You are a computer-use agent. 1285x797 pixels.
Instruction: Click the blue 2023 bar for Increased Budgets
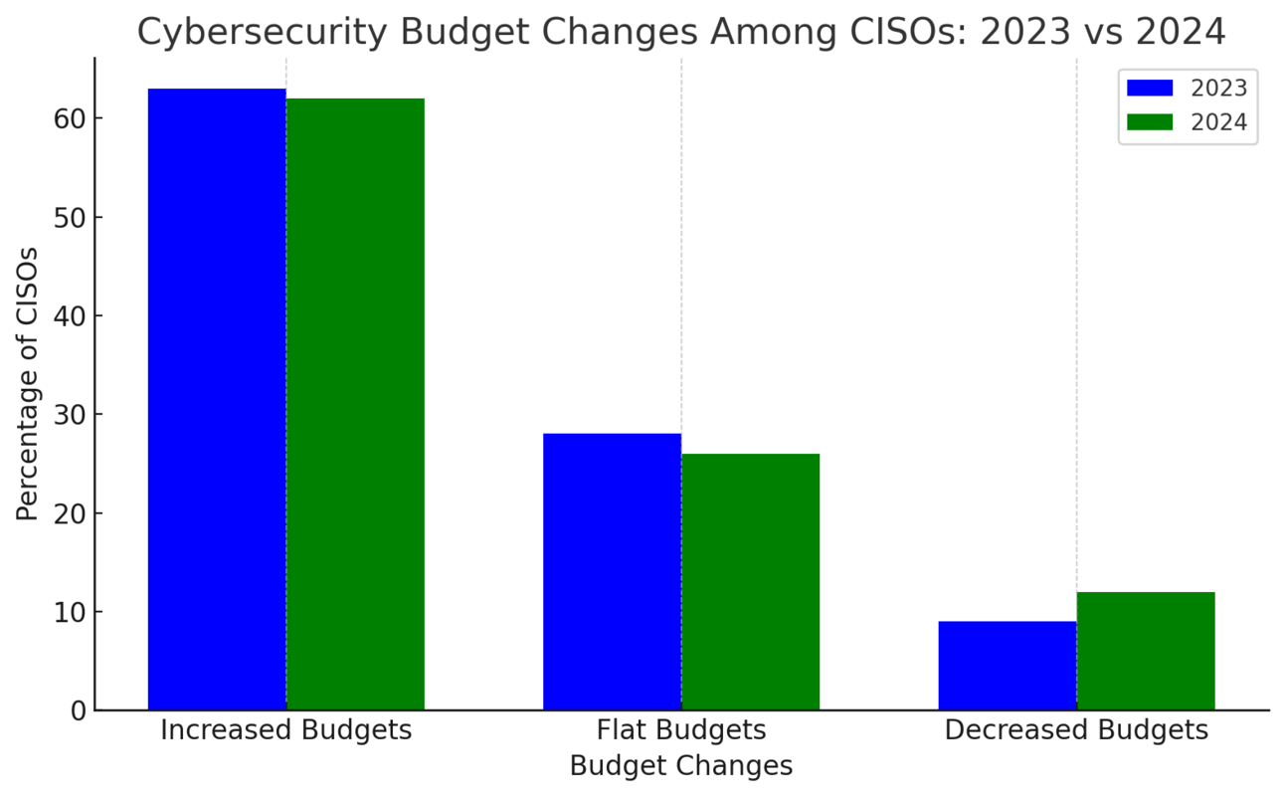point(217,398)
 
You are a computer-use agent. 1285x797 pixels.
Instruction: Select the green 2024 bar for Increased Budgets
point(355,403)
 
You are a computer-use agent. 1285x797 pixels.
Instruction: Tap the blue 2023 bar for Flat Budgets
point(612,571)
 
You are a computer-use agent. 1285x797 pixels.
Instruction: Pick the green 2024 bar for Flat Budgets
point(750,581)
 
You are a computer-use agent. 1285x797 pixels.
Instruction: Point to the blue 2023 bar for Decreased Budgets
point(1007,665)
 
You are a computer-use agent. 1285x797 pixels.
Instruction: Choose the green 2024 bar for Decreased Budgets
point(1145,651)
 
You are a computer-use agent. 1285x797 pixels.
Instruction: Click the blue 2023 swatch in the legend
point(1149,89)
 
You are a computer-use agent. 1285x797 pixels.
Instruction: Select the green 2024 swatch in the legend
point(1149,123)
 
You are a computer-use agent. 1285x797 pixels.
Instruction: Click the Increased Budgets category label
point(285,730)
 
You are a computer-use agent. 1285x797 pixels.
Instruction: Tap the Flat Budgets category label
point(681,730)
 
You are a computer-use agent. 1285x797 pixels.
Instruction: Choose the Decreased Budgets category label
point(1076,730)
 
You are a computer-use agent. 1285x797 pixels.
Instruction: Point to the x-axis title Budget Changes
point(681,766)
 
